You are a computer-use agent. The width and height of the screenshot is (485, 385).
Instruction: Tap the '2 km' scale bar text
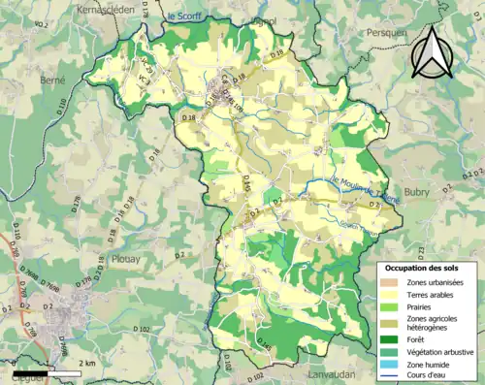click(x=87, y=364)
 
